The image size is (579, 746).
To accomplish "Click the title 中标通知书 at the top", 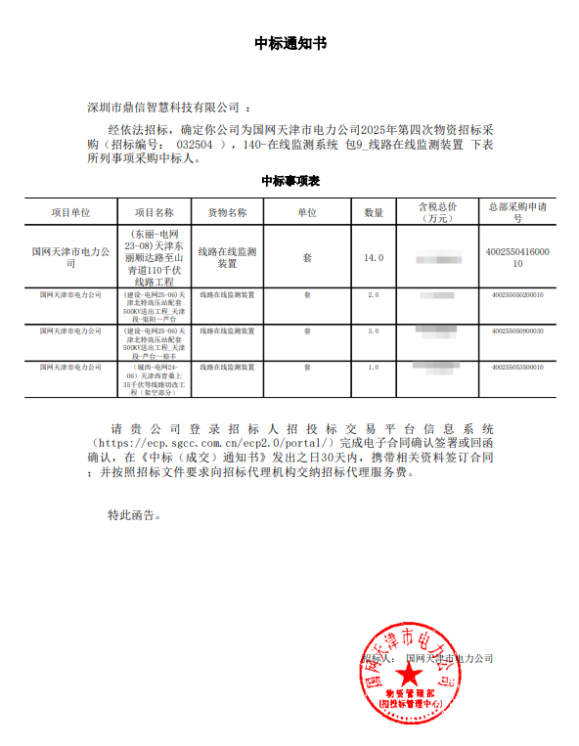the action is [289, 44].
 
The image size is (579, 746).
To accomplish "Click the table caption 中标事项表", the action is [290, 182].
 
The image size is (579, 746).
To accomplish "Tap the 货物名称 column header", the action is [227, 212].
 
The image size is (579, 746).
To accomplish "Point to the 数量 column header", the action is [374, 212].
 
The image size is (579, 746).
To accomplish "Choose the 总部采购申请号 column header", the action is [517, 212].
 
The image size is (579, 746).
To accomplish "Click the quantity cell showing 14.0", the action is [374, 258].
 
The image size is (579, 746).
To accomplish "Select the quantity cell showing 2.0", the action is [374, 294].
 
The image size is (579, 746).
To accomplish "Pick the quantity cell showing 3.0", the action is [374, 331].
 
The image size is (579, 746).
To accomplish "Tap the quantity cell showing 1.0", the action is [374, 368].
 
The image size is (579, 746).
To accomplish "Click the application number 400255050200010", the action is [517, 294].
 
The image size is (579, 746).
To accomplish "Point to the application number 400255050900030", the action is [517, 331].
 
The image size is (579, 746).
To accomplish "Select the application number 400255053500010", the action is [517, 368].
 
